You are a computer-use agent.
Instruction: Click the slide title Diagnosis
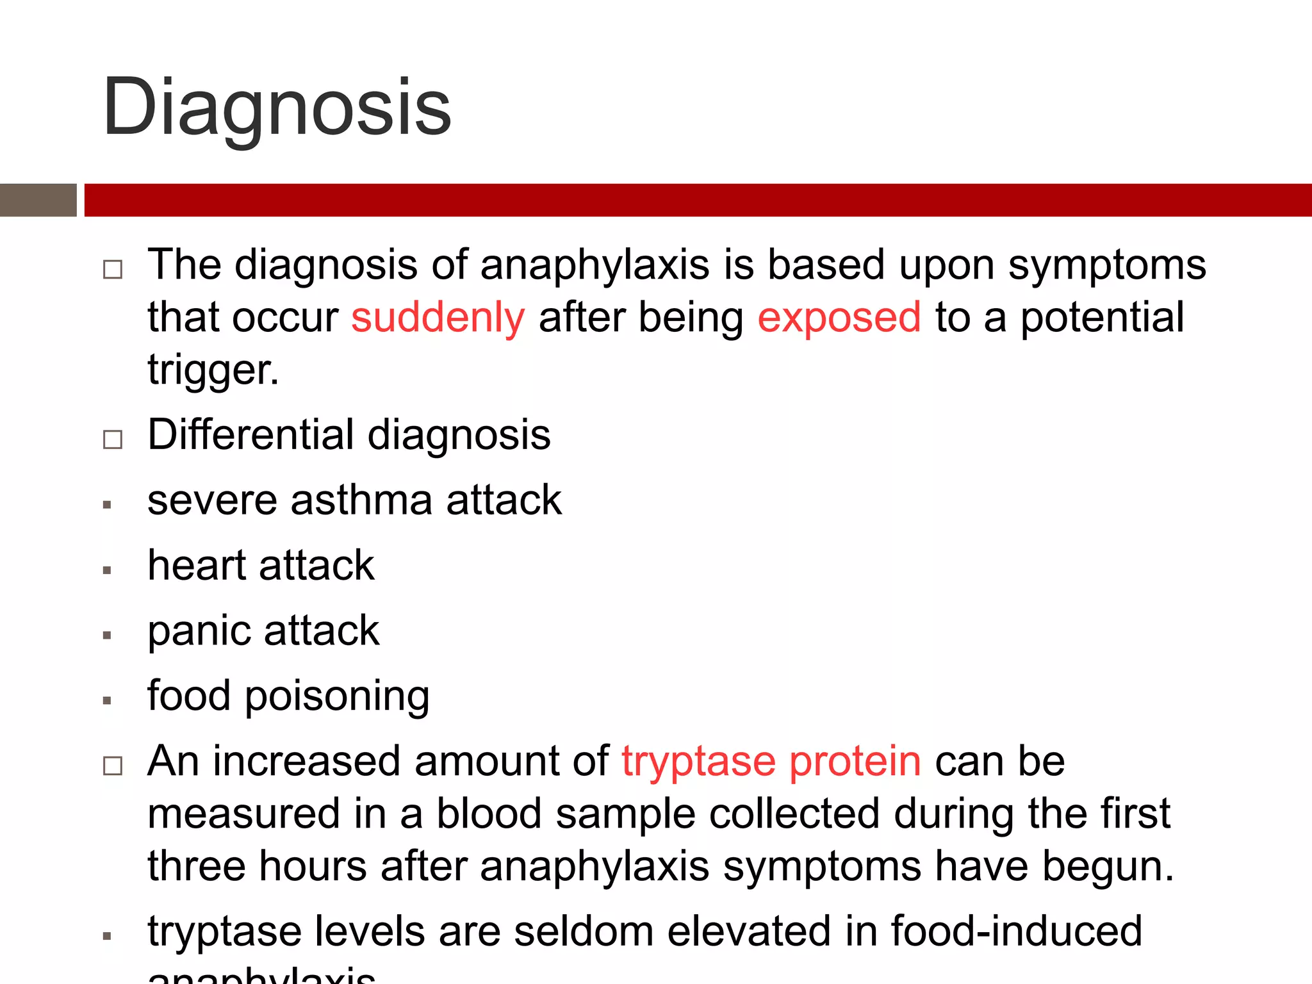[277, 108]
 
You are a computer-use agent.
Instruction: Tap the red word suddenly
[438, 318]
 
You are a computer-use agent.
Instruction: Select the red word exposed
[839, 318]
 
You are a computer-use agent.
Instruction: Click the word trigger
[213, 370]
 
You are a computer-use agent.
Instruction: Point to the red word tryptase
[698, 762]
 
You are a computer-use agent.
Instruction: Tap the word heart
[197, 566]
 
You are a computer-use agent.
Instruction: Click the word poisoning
[337, 697]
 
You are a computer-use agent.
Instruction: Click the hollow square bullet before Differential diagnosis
[113, 439]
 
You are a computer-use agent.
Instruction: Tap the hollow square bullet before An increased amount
[113, 766]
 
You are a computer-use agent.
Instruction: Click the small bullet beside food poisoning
[107, 701]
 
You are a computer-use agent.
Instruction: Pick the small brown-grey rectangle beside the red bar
[38, 200]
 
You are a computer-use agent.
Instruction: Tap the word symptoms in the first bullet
[1107, 265]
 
